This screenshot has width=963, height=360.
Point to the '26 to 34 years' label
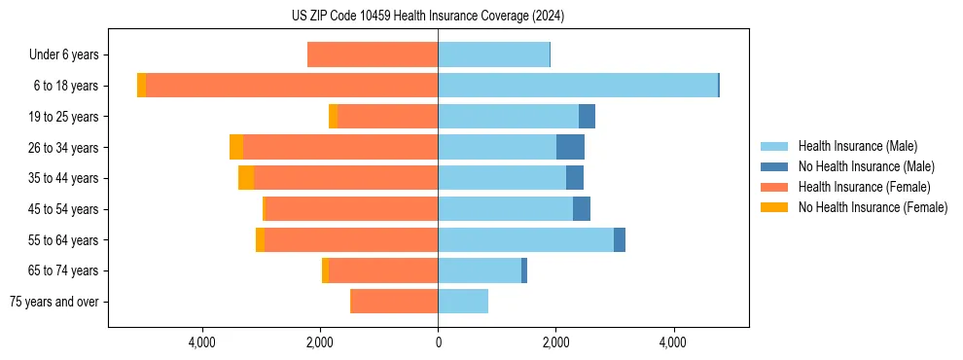[x=62, y=148]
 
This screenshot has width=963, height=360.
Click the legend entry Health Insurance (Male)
[x=857, y=146]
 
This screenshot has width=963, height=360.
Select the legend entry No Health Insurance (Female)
[x=873, y=207]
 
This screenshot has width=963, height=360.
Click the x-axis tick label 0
[x=438, y=342]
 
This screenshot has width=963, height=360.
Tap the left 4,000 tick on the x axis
[x=202, y=342]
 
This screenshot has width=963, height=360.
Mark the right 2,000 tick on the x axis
[x=555, y=342]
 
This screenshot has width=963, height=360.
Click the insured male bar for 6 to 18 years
[x=578, y=86]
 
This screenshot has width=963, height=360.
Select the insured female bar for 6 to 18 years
[x=292, y=86]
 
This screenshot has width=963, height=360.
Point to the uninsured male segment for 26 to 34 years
[x=570, y=147]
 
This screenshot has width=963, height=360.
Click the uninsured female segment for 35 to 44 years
[x=246, y=178]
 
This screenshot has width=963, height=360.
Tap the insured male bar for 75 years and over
[x=463, y=302]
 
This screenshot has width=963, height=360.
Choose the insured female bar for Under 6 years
[x=373, y=54]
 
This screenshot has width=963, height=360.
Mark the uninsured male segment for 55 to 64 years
[x=620, y=239]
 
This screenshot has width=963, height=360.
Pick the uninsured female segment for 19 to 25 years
[x=333, y=117]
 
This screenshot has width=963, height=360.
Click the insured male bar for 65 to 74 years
[x=480, y=270]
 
